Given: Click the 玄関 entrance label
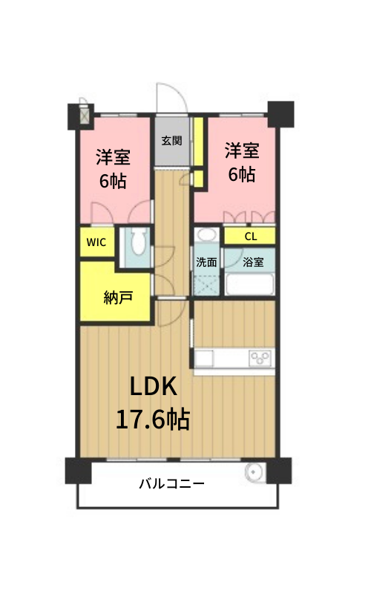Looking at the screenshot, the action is (x=172, y=141).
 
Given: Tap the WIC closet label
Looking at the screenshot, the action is (x=96, y=242).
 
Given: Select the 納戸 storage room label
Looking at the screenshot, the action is (x=118, y=298).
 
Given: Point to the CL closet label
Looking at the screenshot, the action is (x=251, y=236).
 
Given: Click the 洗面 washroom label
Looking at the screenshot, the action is (x=206, y=262).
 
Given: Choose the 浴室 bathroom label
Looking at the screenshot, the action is (x=253, y=262).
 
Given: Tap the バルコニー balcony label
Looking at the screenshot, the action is (x=172, y=483).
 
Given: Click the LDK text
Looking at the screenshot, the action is (x=154, y=386).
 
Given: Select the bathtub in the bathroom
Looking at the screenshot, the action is (x=249, y=284).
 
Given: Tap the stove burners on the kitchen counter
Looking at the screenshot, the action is (x=260, y=358).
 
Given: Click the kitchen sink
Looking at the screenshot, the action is (x=205, y=358).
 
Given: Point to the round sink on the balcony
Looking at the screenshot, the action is (x=252, y=472).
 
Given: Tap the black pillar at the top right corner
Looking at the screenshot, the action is (x=280, y=114).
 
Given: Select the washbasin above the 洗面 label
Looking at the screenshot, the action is (x=207, y=234).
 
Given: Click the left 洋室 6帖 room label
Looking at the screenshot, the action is (x=113, y=169).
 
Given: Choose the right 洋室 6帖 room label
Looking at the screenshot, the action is (x=242, y=162).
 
